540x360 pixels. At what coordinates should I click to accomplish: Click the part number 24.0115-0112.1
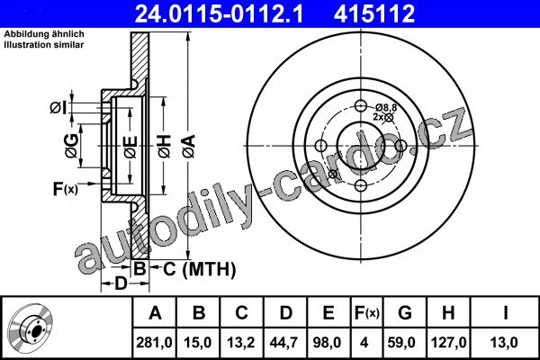coord(219,13)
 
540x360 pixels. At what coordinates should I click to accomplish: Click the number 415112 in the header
coord(374,13)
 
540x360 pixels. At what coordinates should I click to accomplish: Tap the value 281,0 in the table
coord(154,343)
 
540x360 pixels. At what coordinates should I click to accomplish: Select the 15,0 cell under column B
coord(198,343)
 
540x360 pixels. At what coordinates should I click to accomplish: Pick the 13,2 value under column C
coord(241,343)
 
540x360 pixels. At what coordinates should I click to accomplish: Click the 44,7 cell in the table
coord(284,343)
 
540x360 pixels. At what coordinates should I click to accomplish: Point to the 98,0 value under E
coord(328,343)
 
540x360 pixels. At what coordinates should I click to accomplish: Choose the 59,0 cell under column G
coord(401,343)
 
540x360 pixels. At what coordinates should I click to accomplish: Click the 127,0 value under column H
coord(449,343)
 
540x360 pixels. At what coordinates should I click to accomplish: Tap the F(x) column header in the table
coord(367,313)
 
